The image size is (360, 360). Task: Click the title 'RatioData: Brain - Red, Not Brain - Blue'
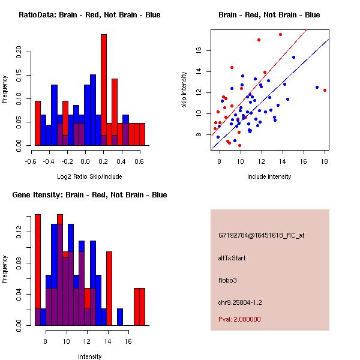point(89,15)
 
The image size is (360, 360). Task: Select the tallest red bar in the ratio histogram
point(103,90)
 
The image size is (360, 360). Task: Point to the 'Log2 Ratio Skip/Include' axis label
point(89,176)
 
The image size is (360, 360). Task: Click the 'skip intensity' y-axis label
point(185,90)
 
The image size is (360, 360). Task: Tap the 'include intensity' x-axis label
point(269,176)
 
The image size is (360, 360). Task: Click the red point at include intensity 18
point(325,90)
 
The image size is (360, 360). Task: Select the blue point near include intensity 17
point(317,87)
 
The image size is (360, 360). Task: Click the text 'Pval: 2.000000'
point(239,319)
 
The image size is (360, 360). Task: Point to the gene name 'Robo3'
point(227,280)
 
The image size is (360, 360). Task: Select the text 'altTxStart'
point(232,258)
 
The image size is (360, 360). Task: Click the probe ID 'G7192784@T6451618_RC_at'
point(261,235)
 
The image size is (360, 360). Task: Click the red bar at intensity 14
point(109,288)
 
